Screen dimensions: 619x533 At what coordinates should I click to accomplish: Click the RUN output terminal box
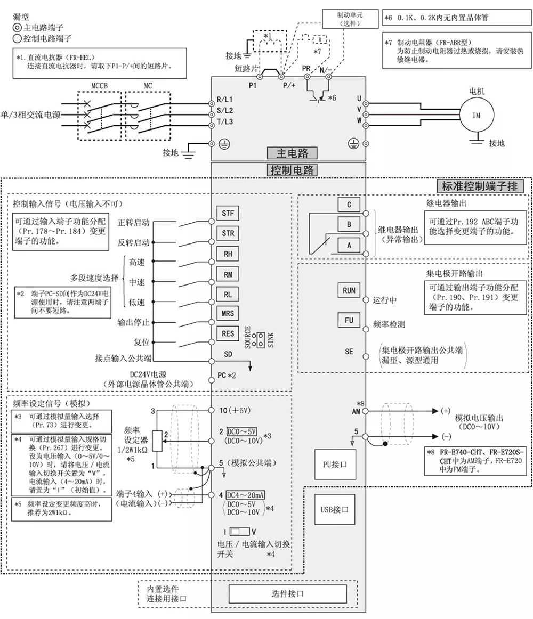click(x=349, y=291)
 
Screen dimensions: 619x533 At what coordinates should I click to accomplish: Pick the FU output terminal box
click(x=349, y=321)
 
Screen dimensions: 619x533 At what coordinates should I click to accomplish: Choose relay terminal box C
click(x=349, y=204)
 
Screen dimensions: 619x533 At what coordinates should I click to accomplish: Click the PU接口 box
click(x=335, y=464)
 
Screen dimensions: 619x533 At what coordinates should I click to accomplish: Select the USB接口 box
click(x=335, y=509)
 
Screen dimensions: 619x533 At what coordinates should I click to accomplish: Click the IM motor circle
click(x=477, y=115)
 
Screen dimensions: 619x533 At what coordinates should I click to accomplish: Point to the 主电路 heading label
click(x=292, y=153)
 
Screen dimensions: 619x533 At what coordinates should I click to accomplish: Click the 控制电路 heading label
click(x=292, y=170)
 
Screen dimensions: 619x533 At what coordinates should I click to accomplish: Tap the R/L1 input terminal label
click(x=225, y=100)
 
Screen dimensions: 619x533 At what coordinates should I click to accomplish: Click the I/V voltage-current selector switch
click(x=241, y=531)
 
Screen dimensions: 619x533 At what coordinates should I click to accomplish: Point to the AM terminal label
click(x=356, y=411)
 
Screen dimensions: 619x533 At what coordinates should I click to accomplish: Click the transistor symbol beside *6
click(x=318, y=96)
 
